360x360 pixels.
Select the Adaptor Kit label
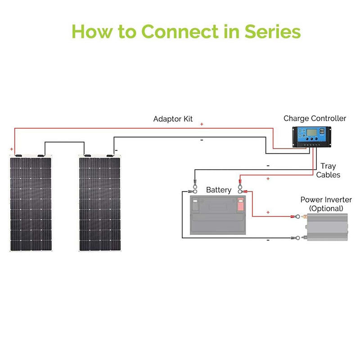(x=173, y=119)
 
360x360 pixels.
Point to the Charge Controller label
(x=315, y=118)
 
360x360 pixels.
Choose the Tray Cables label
(x=328, y=171)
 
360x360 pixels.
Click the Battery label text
(x=219, y=190)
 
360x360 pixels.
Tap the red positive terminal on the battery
(x=240, y=205)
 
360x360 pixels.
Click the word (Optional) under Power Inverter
(x=326, y=209)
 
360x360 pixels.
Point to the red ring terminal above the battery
(x=240, y=183)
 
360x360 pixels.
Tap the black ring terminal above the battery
(x=194, y=184)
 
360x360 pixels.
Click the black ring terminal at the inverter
(x=296, y=237)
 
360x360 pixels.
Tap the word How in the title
(x=90, y=32)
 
